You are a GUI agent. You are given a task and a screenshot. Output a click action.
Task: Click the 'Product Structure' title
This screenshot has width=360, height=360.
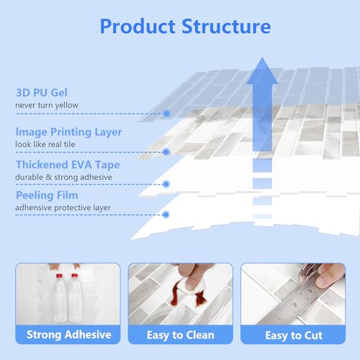coord(185,27)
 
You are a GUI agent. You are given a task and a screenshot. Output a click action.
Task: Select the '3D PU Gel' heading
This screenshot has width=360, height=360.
coord(42,93)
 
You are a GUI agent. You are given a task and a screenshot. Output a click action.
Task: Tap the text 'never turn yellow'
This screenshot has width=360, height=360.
coord(47,105)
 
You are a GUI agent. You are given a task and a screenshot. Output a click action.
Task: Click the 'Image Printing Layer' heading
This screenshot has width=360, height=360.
coord(68,132)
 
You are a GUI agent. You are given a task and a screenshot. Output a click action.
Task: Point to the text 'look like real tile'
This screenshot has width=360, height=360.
coord(45,144)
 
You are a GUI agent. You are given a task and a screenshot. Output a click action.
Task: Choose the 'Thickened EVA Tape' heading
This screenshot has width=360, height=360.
coord(68,165)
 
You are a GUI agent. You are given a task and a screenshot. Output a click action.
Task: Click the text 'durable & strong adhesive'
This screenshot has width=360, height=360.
coord(63,177)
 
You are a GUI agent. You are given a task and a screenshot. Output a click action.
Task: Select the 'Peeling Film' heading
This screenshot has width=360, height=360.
coord(47,195)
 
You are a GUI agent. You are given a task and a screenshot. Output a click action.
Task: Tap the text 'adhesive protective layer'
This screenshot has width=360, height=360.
coord(63,207)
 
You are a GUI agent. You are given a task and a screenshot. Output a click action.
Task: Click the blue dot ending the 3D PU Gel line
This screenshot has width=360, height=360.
coord(166,113)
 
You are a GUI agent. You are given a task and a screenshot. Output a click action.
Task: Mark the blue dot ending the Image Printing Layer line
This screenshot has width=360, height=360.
coord(166,152)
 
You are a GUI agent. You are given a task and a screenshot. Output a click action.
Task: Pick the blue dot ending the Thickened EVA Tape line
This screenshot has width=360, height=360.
coord(166,184)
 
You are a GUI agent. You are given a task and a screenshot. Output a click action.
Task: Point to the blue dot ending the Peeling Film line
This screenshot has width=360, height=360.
coord(166,215)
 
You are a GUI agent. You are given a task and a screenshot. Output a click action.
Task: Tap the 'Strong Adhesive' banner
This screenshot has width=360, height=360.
coord(68,335)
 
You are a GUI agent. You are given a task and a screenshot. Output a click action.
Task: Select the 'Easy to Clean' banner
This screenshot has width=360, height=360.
coord(181,335)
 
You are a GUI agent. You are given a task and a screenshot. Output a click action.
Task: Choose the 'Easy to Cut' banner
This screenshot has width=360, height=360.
coord(293,335)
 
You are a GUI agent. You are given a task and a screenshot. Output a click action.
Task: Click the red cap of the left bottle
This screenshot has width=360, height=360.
coord(59,276)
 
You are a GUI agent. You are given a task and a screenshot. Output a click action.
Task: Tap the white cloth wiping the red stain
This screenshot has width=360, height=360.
coord(192,287)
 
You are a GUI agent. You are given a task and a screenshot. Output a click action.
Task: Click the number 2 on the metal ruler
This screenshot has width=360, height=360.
coord(295,305)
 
